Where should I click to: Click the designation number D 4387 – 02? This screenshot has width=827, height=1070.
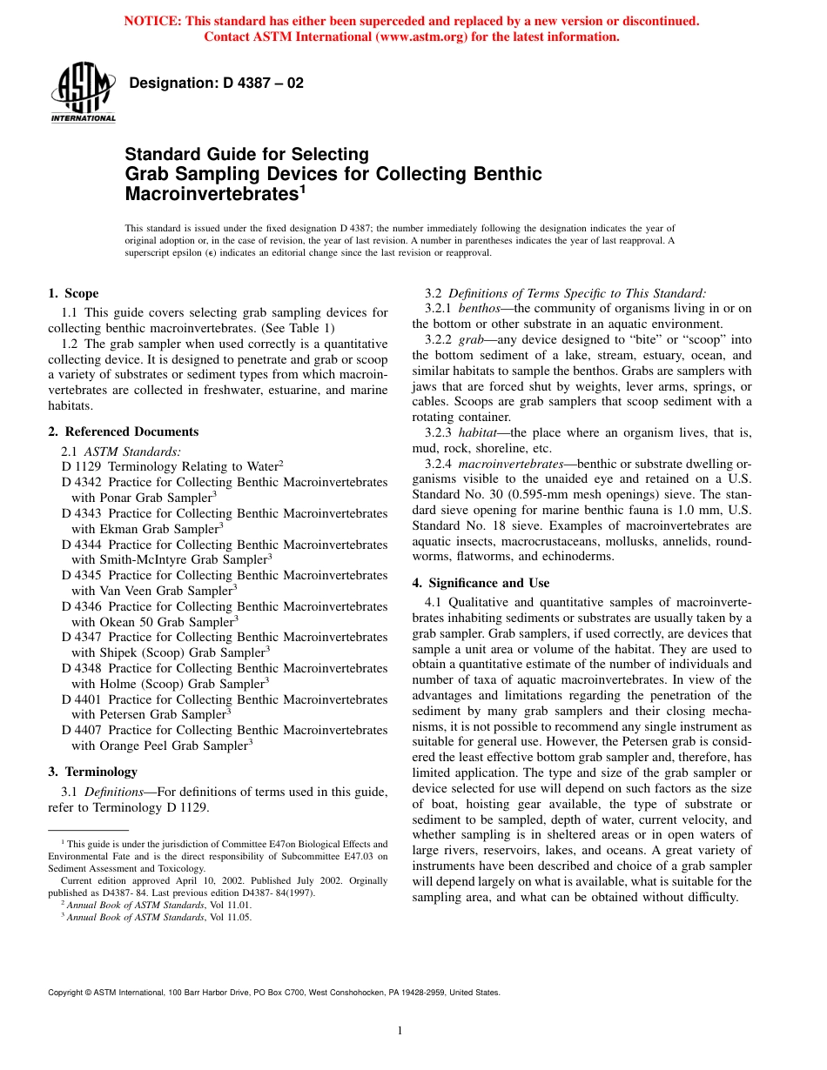coord(216,84)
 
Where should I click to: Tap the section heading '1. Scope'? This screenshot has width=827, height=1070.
coord(73,293)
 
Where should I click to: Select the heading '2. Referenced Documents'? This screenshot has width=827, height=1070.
coord(123,431)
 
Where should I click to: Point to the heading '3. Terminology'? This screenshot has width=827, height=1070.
coord(92,772)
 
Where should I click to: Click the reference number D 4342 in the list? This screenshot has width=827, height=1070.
coord(81,482)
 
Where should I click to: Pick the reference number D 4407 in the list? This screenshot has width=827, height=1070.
coord(81,730)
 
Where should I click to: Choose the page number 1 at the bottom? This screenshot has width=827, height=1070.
coord(400,1031)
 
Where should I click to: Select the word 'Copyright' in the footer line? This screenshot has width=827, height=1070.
coord(69,992)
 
